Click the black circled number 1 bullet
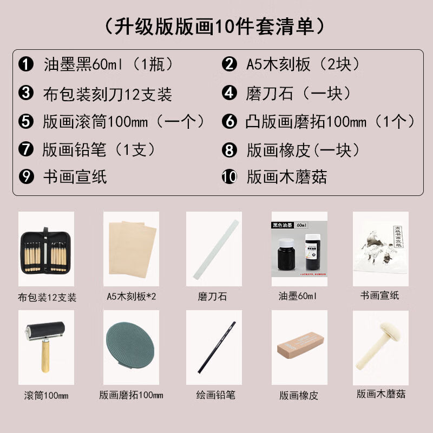click(x=26, y=64)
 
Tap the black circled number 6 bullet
click(x=229, y=121)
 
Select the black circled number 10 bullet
click(x=229, y=177)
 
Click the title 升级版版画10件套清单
click(x=215, y=27)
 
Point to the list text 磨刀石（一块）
click(x=298, y=93)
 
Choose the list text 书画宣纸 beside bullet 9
click(x=75, y=177)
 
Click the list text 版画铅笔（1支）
click(x=99, y=150)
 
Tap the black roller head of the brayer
click(x=45, y=330)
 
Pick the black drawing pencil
click(x=216, y=347)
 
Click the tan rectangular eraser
click(x=300, y=344)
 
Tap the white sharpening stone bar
click(x=215, y=249)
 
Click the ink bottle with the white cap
click(x=286, y=254)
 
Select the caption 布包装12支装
click(x=47, y=297)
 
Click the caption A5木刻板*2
click(x=132, y=296)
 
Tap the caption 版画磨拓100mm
click(x=131, y=395)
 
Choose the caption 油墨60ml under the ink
click(x=298, y=296)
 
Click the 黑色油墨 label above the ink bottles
click(x=282, y=225)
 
